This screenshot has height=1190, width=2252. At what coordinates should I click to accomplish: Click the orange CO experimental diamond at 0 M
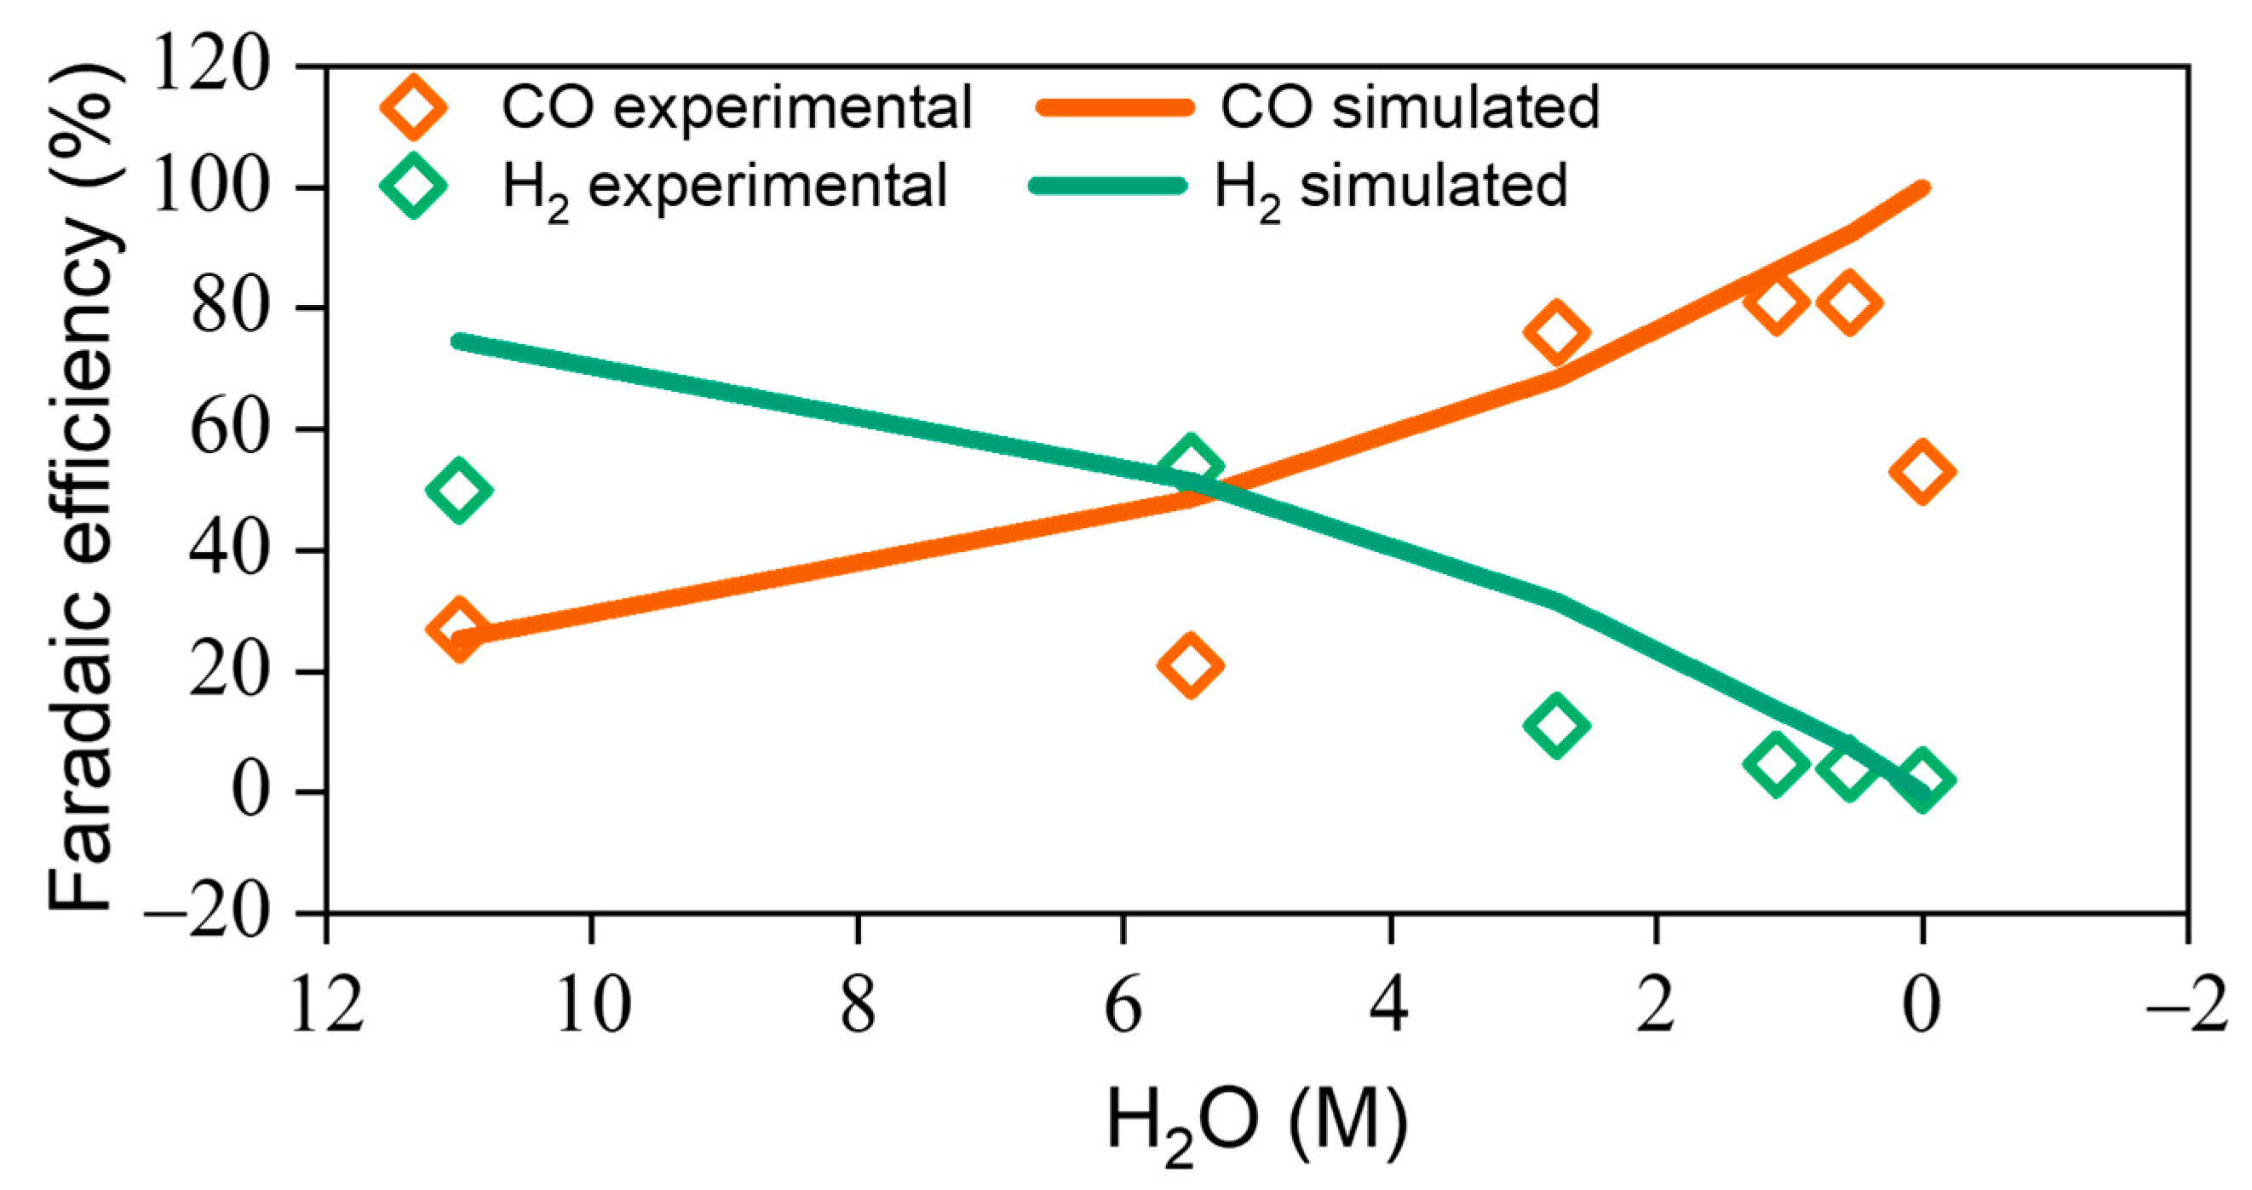point(1922,471)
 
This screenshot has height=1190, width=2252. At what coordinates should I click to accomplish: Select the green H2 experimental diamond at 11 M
point(459,490)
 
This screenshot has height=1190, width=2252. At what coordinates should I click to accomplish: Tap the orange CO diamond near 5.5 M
point(1190,664)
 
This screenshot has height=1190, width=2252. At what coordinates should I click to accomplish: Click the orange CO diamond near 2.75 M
point(1556,332)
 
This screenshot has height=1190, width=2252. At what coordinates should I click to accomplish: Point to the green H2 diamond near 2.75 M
point(1556,725)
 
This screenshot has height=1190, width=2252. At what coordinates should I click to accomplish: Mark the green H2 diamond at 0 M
point(1922,779)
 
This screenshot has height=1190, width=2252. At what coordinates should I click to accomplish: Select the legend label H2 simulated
point(1391,187)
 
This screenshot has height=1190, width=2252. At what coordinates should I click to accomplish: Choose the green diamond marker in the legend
point(413,186)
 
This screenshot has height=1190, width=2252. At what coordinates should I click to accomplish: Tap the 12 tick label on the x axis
point(326,1006)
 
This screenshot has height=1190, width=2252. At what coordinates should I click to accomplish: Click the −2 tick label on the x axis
point(2186,1006)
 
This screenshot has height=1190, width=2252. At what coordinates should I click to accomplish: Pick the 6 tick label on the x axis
point(1123,1006)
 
